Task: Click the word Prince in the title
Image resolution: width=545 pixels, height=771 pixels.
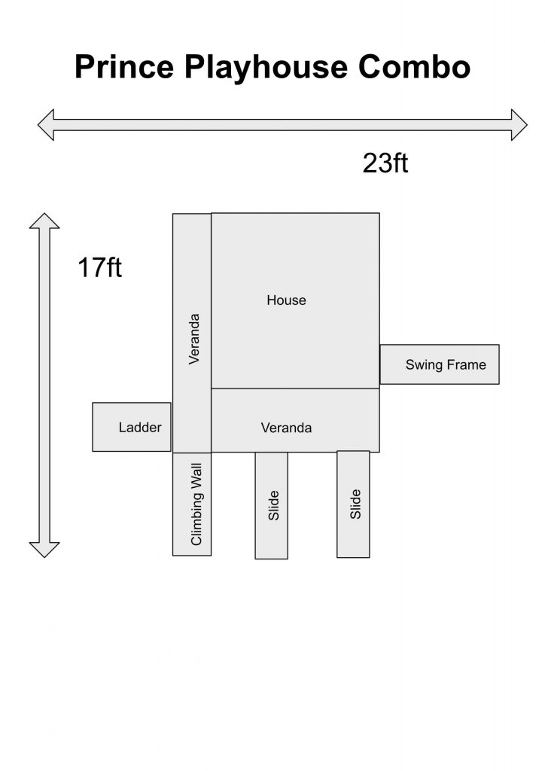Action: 124,66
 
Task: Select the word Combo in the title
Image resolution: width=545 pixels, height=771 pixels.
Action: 414,66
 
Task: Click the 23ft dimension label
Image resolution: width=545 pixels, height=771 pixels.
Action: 385,163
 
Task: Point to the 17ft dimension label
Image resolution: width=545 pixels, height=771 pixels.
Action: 100,267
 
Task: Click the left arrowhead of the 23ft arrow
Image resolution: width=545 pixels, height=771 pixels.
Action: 46,125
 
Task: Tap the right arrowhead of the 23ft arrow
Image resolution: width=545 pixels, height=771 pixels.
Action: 519,125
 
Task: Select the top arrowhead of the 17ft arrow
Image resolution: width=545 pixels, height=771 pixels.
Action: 44,221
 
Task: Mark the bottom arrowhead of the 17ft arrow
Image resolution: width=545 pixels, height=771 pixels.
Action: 44,550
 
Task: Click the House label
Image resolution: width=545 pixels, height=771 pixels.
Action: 287,300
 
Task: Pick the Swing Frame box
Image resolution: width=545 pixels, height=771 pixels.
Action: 440,364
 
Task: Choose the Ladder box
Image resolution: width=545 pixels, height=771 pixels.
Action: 132,427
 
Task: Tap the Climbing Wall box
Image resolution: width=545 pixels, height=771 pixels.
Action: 192,504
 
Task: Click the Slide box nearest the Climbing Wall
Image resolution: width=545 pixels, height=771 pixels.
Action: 271,505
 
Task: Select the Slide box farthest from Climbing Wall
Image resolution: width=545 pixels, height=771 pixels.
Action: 353,504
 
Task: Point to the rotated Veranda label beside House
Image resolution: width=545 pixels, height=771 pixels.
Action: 195,339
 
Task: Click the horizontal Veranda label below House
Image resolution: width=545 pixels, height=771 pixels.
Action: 287,428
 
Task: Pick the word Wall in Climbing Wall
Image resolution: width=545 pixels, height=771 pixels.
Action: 196,476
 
